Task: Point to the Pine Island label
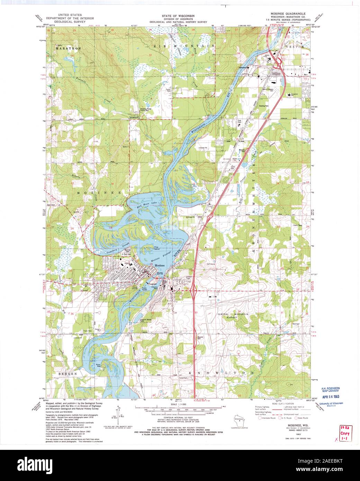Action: (x=158, y=248)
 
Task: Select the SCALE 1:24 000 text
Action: (x=180, y=404)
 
